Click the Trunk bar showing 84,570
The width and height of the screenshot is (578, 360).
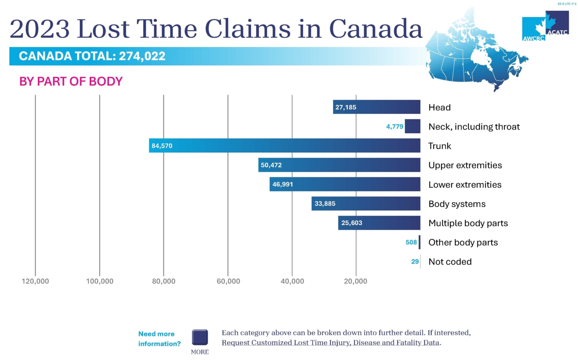[x=284, y=146]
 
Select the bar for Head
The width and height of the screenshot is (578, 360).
[x=376, y=107]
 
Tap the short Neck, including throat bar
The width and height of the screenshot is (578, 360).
[x=412, y=126]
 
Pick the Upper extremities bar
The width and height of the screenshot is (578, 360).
[x=339, y=165]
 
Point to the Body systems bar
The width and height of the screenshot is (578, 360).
[x=366, y=203]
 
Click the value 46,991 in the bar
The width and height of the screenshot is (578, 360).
[x=282, y=184]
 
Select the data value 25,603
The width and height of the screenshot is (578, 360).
[x=351, y=223]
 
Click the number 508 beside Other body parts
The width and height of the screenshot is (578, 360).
[x=411, y=242]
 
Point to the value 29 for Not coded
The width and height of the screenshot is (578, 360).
[x=415, y=261]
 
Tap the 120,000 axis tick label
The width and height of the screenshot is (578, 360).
[x=35, y=281]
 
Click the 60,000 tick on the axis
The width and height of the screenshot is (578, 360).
[x=228, y=281]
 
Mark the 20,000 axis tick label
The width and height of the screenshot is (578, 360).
[x=355, y=281]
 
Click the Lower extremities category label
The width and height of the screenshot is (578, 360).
[x=465, y=184]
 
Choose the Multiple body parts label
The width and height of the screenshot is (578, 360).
[x=468, y=223]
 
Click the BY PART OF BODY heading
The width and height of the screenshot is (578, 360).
[x=71, y=81]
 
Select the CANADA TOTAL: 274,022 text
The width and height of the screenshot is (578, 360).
[x=92, y=56]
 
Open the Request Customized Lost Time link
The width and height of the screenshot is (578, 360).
[x=331, y=343]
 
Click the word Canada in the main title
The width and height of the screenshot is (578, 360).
[x=376, y=29]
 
